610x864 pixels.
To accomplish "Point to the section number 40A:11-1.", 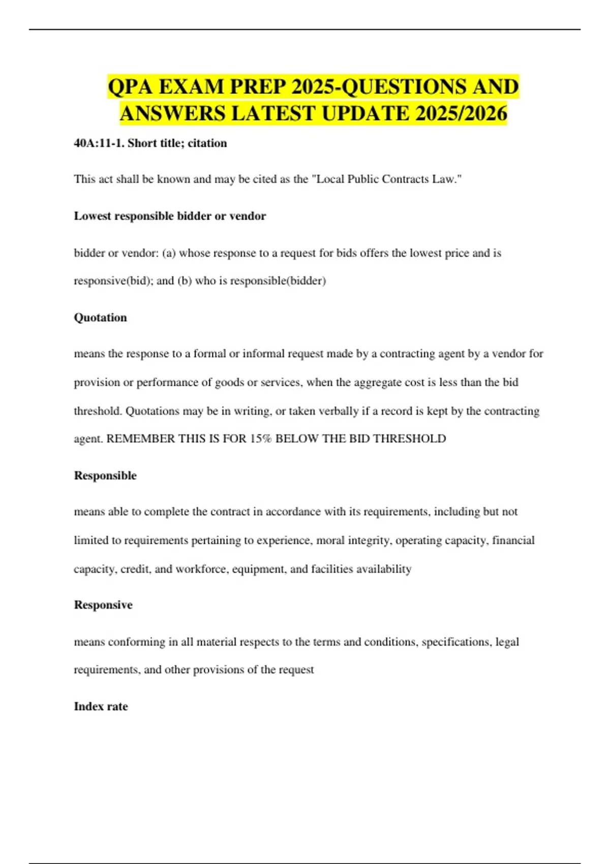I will pyautogui.click(x=99, y=143).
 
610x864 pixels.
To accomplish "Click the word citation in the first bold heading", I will pyautogui.click(x=207, y=143).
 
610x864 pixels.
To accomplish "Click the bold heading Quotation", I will pyautogui.click(x=100, y=318).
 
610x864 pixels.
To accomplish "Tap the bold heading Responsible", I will pyautogui.click(x=105, y=476).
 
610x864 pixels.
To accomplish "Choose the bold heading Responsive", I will pyautogui.click(x=103, y=605).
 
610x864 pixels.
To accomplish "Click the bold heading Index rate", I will pyautogui.click(x=101, y=706).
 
